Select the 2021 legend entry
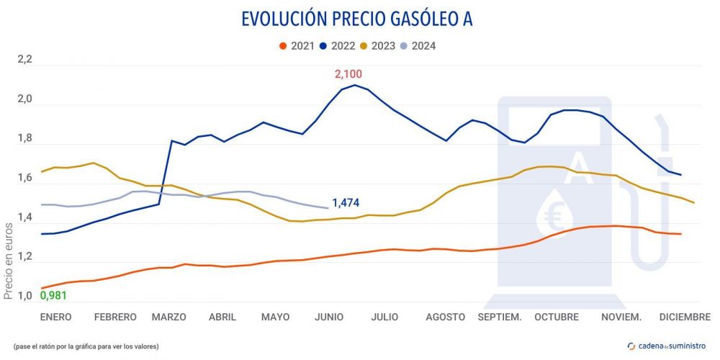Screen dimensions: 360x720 [x=296, y=46]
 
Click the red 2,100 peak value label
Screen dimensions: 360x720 [x=348, y=73]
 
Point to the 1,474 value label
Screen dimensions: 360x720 [x=346, y=203]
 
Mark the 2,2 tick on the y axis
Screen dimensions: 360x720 [x=25, y=60]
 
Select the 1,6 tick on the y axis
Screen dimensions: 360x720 [x=25, y=179]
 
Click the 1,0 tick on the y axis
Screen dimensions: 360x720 [x=25, y=297]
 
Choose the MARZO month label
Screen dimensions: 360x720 [x=168, y=317]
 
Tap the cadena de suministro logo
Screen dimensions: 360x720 [x=667, y=346]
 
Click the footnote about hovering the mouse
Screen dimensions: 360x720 [x=86, y=346]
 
